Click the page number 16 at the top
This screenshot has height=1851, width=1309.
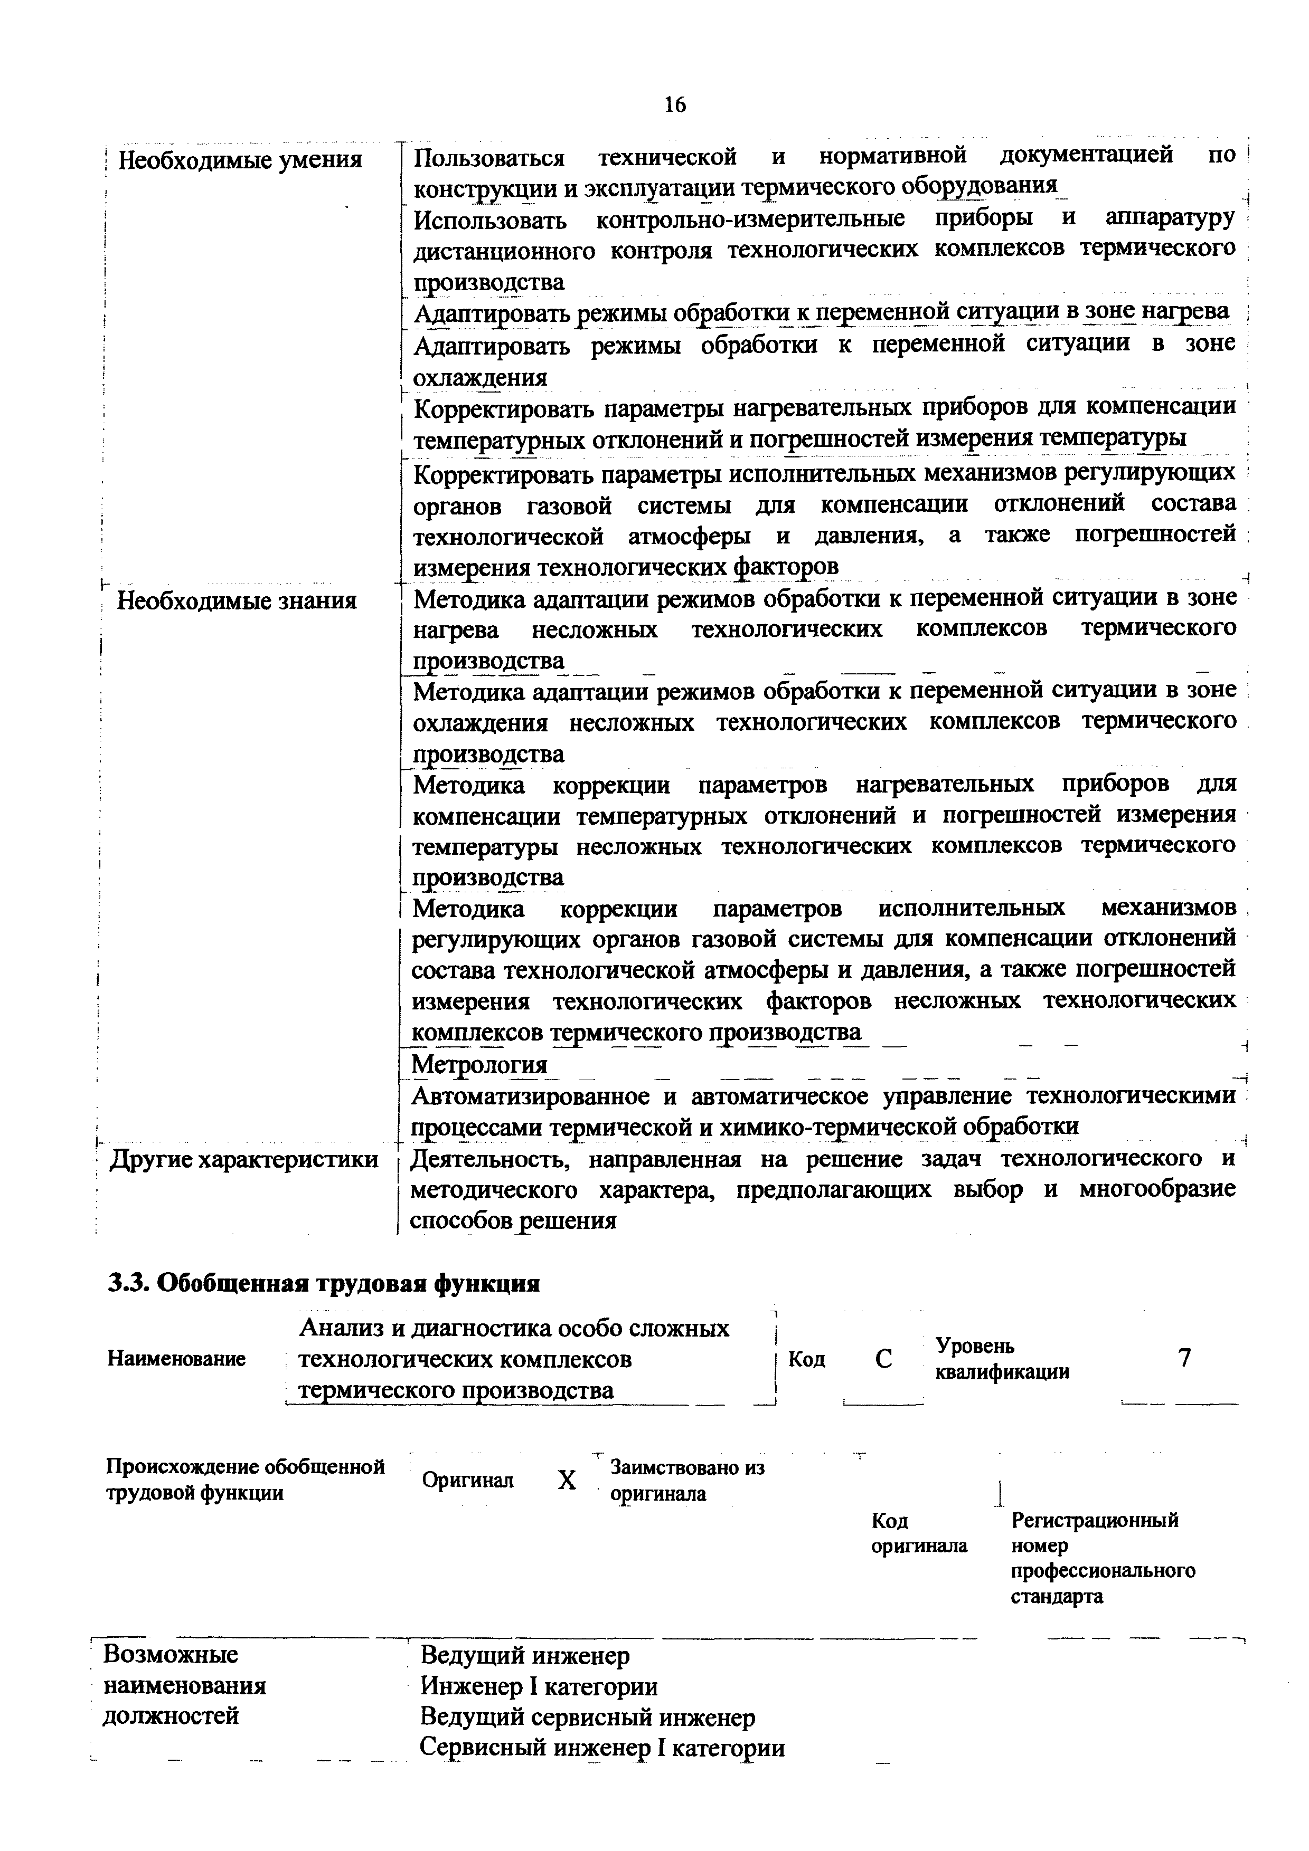(x=674, y=105)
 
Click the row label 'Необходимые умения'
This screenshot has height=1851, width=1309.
(x=240, y=160)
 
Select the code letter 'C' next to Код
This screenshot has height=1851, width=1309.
(x=883, y=1359)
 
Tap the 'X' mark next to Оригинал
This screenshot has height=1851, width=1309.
(x=567, y=1480)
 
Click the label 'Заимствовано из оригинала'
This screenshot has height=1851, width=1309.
(x=686, y=1480)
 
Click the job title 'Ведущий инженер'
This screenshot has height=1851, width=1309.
(x=524, y=1656)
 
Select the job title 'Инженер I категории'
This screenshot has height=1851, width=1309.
(x=538, y=1686)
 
